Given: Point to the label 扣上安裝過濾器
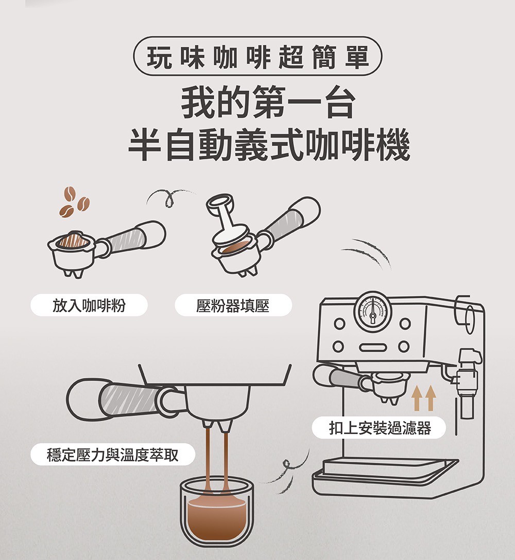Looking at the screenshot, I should pyautogui.click(x=380, y=427).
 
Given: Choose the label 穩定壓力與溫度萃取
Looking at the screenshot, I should pyautogui.click(x=113, y=454).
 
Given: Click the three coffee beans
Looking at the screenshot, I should pyautogui.click(x=74, y=202).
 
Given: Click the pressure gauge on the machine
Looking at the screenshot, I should pyautogui.click(x=373, y=311).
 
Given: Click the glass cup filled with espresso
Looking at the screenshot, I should pyautogui.click(x=216, y=512).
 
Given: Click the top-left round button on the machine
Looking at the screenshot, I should pyautogui.click(x=338, y=324).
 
